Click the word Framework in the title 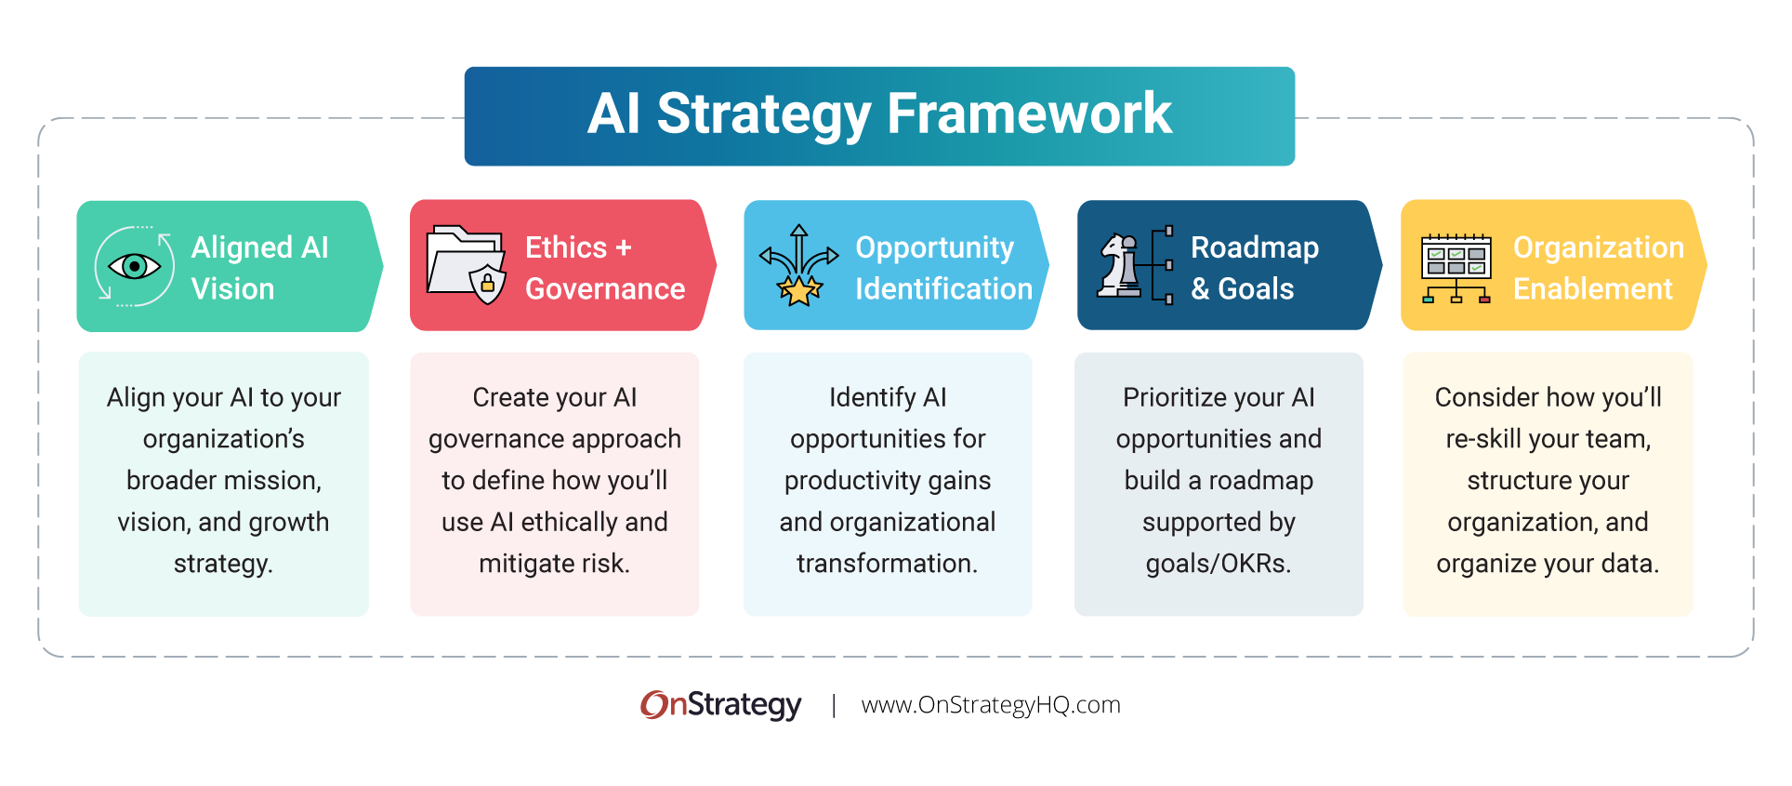tap(1029, 113)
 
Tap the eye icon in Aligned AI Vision tap(135, 267)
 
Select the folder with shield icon tap(466, 265)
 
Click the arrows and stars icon tap(798, 266)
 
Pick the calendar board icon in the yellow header tap(1456, 267)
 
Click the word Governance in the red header tap(605, 289)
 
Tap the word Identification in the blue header tap(943, 289)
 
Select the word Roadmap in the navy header tap(1255, 247)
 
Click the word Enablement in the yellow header tap(1592, 289)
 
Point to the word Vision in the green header tap(232, 289)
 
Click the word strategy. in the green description tap(223, 564)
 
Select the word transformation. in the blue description tap(887, 564)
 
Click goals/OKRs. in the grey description tap(1218, 564)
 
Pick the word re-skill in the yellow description tap(1483, 439)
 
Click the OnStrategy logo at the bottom tap(721, 705)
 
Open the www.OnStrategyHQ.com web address tap(991, 705)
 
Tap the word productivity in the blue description tap(841, 481)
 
